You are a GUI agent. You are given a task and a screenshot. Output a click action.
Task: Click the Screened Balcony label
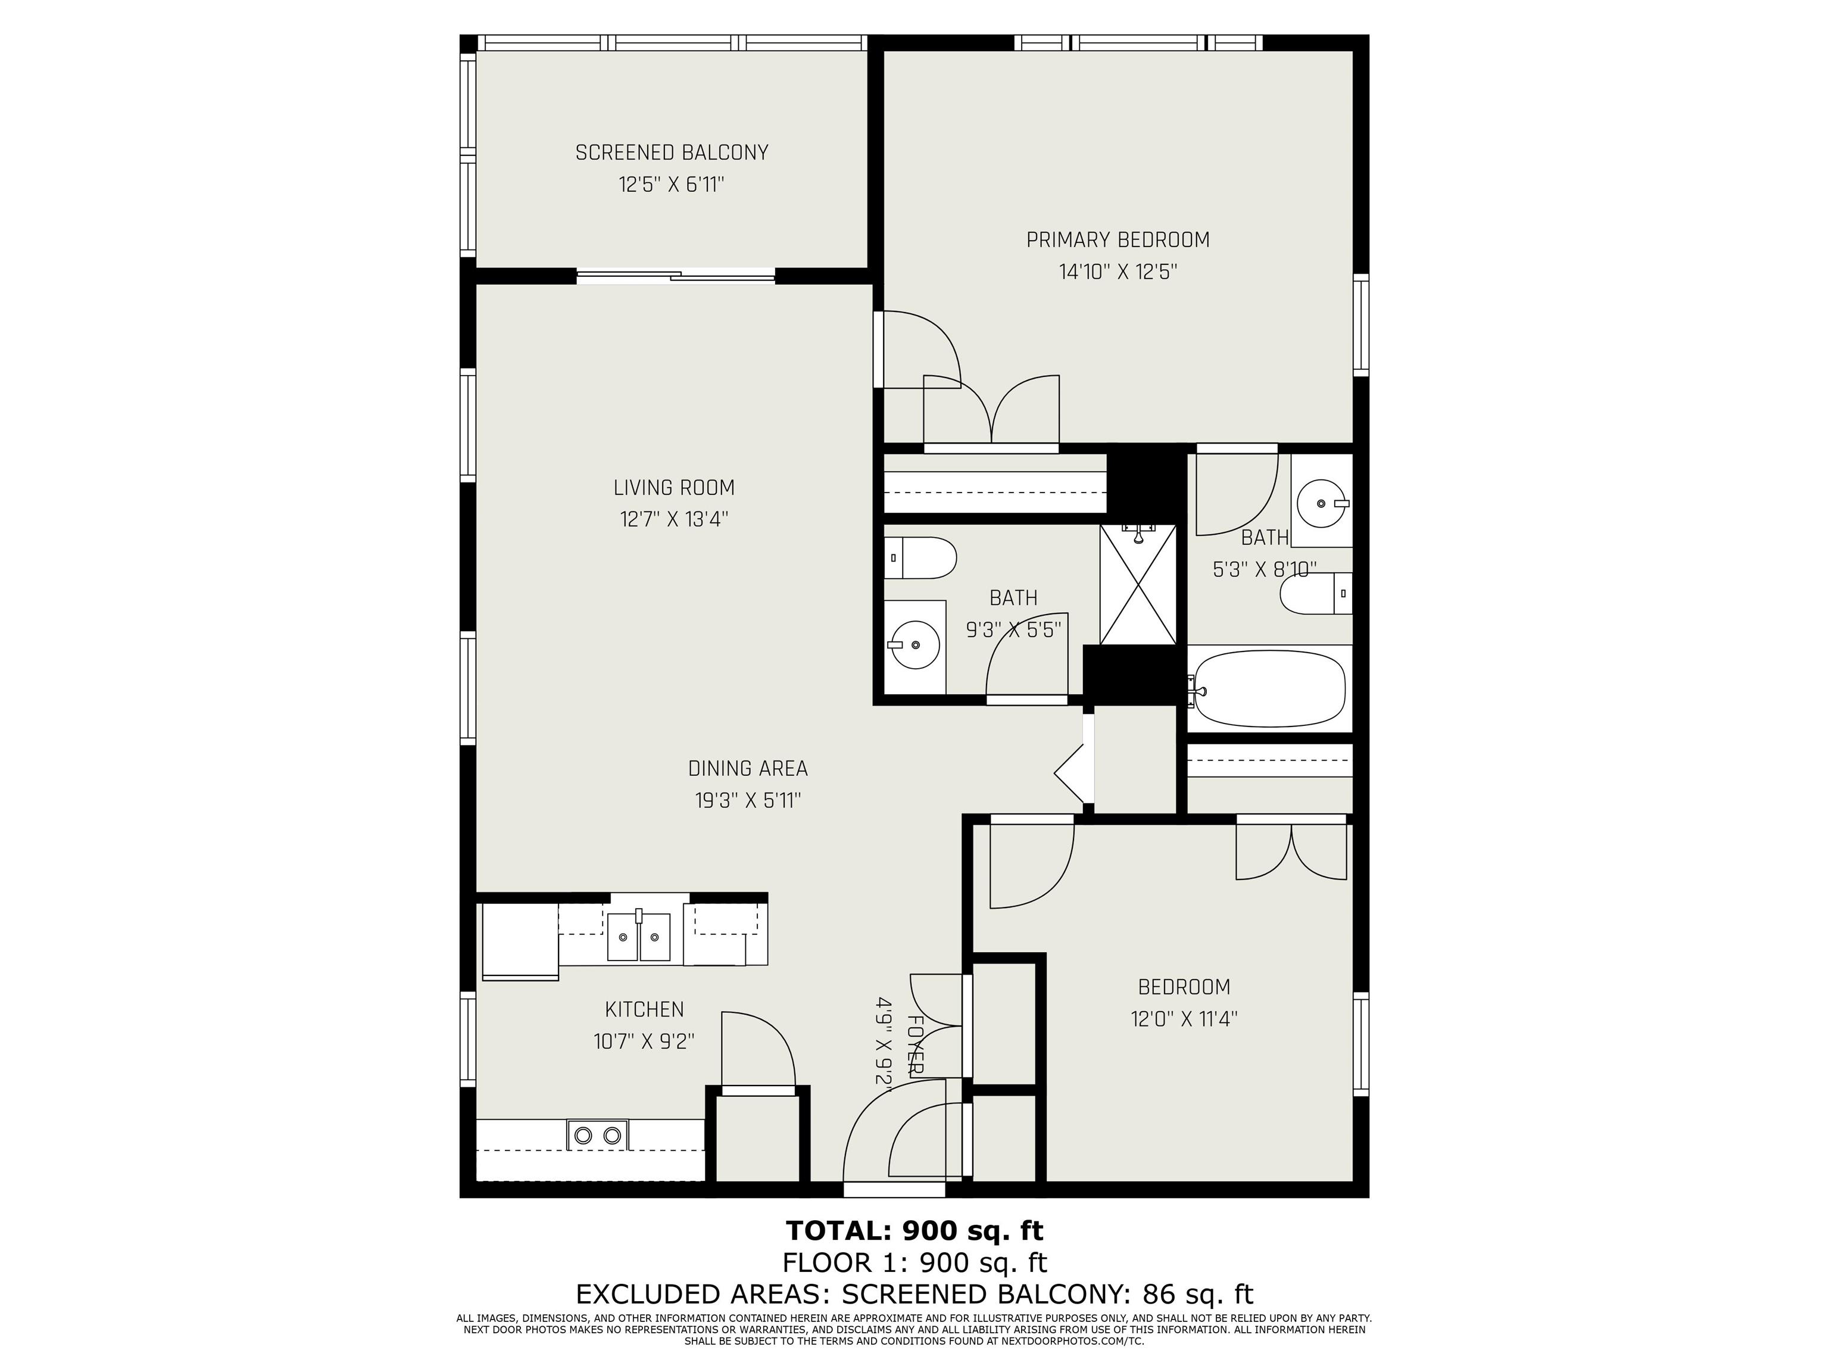point(672,153)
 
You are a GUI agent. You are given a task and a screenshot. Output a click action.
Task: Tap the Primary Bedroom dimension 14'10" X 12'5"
point(1118,272)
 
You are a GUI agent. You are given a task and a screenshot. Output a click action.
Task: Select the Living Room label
point(674,488)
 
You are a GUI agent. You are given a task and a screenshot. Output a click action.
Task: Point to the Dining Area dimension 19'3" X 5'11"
point(747,800)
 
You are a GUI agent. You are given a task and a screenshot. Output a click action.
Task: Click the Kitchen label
point(644,1010)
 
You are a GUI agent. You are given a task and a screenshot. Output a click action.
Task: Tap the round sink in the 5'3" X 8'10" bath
point(1320,502)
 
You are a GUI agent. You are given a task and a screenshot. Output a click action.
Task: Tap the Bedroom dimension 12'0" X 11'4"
point(1184,1019)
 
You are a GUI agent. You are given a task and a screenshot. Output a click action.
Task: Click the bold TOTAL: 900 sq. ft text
point(914,1231)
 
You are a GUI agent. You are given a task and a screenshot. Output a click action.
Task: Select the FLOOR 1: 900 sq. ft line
point(914,1263)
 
